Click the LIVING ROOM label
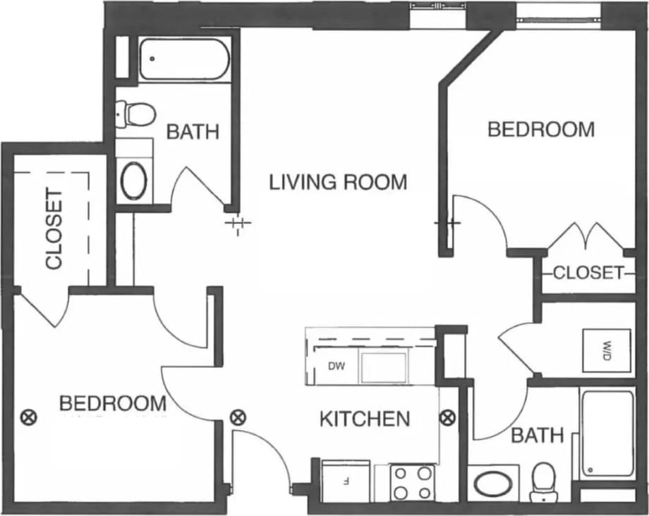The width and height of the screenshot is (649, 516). coord(339,182)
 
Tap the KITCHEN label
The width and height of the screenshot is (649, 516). coord(364,419)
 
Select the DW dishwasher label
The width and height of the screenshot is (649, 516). coord(336,366)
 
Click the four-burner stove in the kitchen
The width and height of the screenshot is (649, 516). coord(412,483)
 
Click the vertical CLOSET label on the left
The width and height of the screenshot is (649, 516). coord(54,229)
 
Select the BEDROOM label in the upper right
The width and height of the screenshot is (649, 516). coord(541,130)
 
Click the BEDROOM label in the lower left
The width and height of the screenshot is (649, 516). coord(113,404)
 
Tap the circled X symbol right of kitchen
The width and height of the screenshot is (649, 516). coord(447,417)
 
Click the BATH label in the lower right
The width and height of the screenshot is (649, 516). coord(538,436)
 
